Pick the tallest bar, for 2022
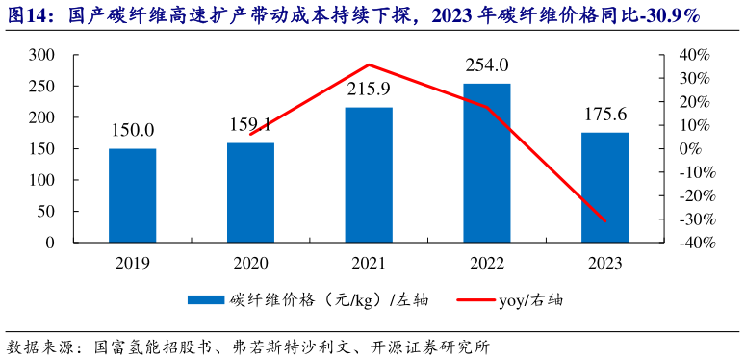pos(487,163)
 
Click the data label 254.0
pos(487,66)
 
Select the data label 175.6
pos(605,115)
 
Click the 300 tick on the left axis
pos(40,55)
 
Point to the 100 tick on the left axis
pos(40,180)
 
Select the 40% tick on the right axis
pos(693,55)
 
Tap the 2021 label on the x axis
pos(369,263)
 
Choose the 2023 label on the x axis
pos(605,263)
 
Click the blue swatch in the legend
pos(205,300)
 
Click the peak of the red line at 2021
pos(369,64)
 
